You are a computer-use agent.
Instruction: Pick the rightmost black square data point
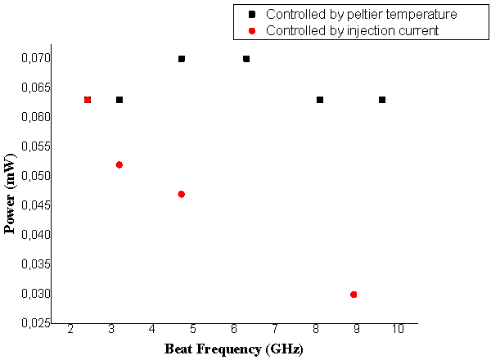[382, 100]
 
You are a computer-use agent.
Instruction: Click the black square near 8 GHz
[320, 100]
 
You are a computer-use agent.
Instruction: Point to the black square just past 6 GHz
[246, 59]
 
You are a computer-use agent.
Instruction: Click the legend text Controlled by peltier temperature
[361, 15]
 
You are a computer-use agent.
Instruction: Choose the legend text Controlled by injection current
[353, 31]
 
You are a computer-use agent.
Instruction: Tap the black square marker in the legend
[252, 15]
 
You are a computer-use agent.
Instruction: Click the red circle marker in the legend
[252, 31]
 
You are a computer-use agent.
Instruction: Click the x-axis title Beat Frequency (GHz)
[233, 349]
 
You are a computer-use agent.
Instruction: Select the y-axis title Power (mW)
[11, 193]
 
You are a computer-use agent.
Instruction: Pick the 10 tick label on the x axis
[398, 329]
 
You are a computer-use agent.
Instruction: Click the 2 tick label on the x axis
[70, 329]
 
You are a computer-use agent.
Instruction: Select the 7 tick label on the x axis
[275, 329]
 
